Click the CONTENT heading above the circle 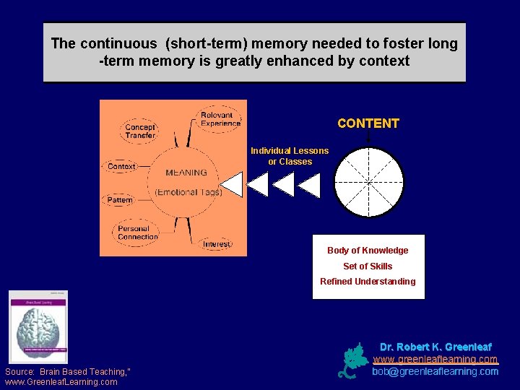368,123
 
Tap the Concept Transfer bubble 139,131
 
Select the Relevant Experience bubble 220,119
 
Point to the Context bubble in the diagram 121,166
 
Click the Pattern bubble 120,200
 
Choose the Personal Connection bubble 137,233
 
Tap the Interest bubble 217,244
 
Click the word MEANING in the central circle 186,173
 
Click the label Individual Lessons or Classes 290,156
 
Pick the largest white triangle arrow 233,184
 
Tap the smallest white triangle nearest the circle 310,186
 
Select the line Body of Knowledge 368,251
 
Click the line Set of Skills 368,266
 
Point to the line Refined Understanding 368,282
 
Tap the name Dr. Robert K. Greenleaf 435,347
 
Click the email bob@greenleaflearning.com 435,371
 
